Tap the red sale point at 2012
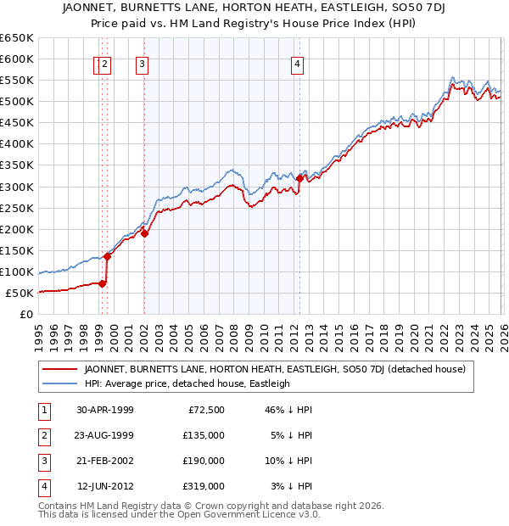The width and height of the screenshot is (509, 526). (299, 178)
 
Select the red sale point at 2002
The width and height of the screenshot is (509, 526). (144, 233)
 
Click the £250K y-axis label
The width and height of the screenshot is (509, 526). (17, 208)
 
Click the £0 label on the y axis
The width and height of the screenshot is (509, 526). (25, 315)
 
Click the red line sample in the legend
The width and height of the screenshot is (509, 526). (59, 370)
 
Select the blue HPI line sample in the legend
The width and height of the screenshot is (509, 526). (59, 383)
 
